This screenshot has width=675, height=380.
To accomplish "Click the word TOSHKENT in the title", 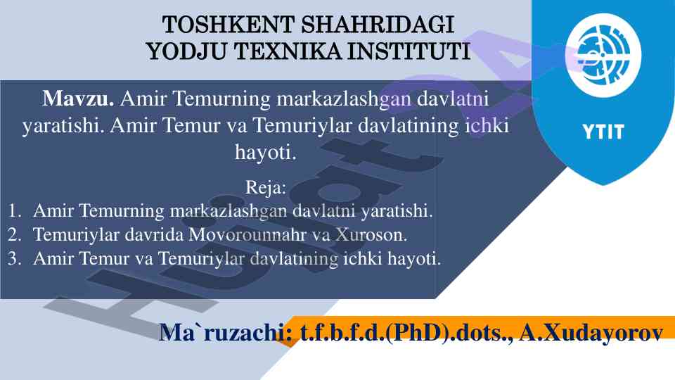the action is [228, 25].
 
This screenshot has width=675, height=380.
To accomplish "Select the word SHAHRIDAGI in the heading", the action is [377, 25].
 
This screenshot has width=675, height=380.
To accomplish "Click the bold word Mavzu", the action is [78, 99].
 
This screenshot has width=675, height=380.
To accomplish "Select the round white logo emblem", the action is [603, 55].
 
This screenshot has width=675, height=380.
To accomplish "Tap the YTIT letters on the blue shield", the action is [603, 132].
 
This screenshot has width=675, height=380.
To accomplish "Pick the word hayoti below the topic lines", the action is [266, 152].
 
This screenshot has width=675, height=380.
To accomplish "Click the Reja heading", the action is [266, 187].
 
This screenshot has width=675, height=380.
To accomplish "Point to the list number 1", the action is [14, 210].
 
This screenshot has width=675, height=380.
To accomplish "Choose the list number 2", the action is [14, 235].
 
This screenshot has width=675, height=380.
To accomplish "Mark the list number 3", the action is [14, 258].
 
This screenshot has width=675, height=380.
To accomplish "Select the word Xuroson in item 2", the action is [371, 235].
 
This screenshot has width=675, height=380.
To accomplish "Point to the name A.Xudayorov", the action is [591, 332].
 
